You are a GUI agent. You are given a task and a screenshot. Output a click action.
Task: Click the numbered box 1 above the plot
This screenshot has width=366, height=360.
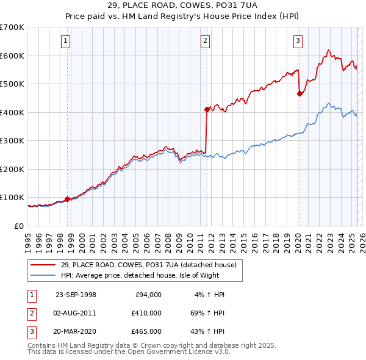tap(65, 41)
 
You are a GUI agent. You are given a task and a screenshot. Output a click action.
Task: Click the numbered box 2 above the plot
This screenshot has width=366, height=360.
tap(205, 41)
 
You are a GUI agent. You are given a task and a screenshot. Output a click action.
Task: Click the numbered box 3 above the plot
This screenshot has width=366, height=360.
tap(298, 41)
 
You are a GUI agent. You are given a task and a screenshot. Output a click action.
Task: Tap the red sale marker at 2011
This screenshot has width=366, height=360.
tap(207, 109)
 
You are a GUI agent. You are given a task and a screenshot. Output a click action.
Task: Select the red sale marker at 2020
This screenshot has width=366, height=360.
tap(300, 93)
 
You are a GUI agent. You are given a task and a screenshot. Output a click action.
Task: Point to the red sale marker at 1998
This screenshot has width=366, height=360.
tap(67, 198)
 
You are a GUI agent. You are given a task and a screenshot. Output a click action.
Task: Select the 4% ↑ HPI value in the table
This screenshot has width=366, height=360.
tap(210, 295)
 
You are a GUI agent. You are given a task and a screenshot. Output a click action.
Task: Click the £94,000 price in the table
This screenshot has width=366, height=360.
tap(147, 295)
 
